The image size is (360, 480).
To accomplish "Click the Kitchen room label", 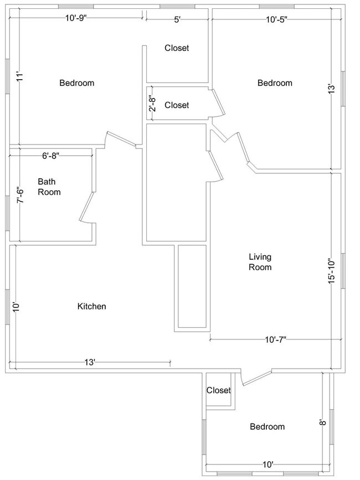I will tap(91, 306).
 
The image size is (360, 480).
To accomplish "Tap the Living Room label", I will tap(260, 262).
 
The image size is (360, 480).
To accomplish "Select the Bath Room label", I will tap(49, 187).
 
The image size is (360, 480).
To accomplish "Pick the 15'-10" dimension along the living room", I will tap(331, 271).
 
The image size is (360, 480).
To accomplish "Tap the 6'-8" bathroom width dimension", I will tap(50, 156).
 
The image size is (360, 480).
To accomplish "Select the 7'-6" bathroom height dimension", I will tap(20, 194).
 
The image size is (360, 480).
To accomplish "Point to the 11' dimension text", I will tap(20, 77).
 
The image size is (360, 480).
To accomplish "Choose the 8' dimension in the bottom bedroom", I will tap(321, 422).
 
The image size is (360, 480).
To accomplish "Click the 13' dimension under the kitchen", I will tap(90, 363).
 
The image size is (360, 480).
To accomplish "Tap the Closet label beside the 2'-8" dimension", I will tap(177, 105).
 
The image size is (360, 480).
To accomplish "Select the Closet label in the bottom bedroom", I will tap(218, 390).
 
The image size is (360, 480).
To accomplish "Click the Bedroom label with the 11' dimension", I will tap(76, 83).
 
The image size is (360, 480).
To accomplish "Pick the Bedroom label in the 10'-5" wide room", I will tap(275, 83).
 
